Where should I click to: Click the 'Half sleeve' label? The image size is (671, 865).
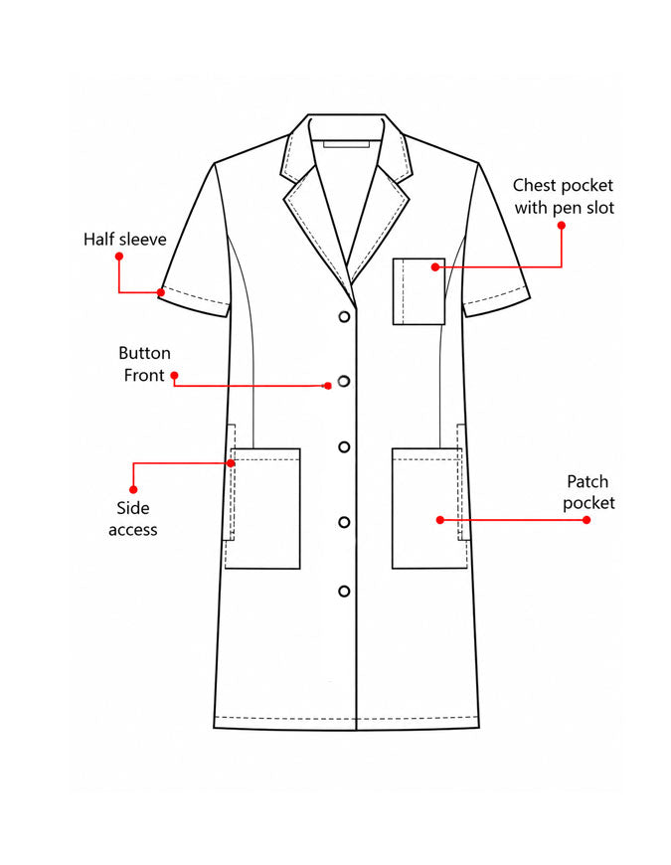(x=124, y=239)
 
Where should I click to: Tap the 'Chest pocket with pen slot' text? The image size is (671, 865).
(x=564, y=197)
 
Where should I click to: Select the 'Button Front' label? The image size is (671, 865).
(x=144, y=364)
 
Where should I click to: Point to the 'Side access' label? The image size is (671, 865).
(x=133, y=519)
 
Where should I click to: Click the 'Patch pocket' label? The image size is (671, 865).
(x=588, y=492)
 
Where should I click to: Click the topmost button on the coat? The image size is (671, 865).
(x=344, y=316)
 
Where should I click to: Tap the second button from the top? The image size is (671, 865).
(x=344, y=381)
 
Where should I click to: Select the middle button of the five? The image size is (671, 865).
(x=344, y=446)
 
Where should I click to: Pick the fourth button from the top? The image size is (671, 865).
(x=344, y=522)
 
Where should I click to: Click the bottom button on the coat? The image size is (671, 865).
(x=344, y=592)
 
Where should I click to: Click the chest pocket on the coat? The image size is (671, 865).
(x=419, y=291)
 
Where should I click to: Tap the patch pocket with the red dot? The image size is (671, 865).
(x=429, y=508)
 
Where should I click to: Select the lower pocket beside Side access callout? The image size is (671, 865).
(x=262, y=508)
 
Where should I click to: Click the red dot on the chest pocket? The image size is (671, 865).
(x=435, y=267)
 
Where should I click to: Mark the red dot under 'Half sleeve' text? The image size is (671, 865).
(x=119, y=257)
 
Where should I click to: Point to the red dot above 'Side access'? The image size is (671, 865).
(x=133, y=489)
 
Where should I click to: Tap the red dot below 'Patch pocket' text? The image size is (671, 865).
(x=587, y=520)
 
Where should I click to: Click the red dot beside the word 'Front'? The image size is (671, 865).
(x=174, y=376)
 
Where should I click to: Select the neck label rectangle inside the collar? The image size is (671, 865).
(x=346, y=144)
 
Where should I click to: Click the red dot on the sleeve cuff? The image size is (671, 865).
(x=161, y=292)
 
